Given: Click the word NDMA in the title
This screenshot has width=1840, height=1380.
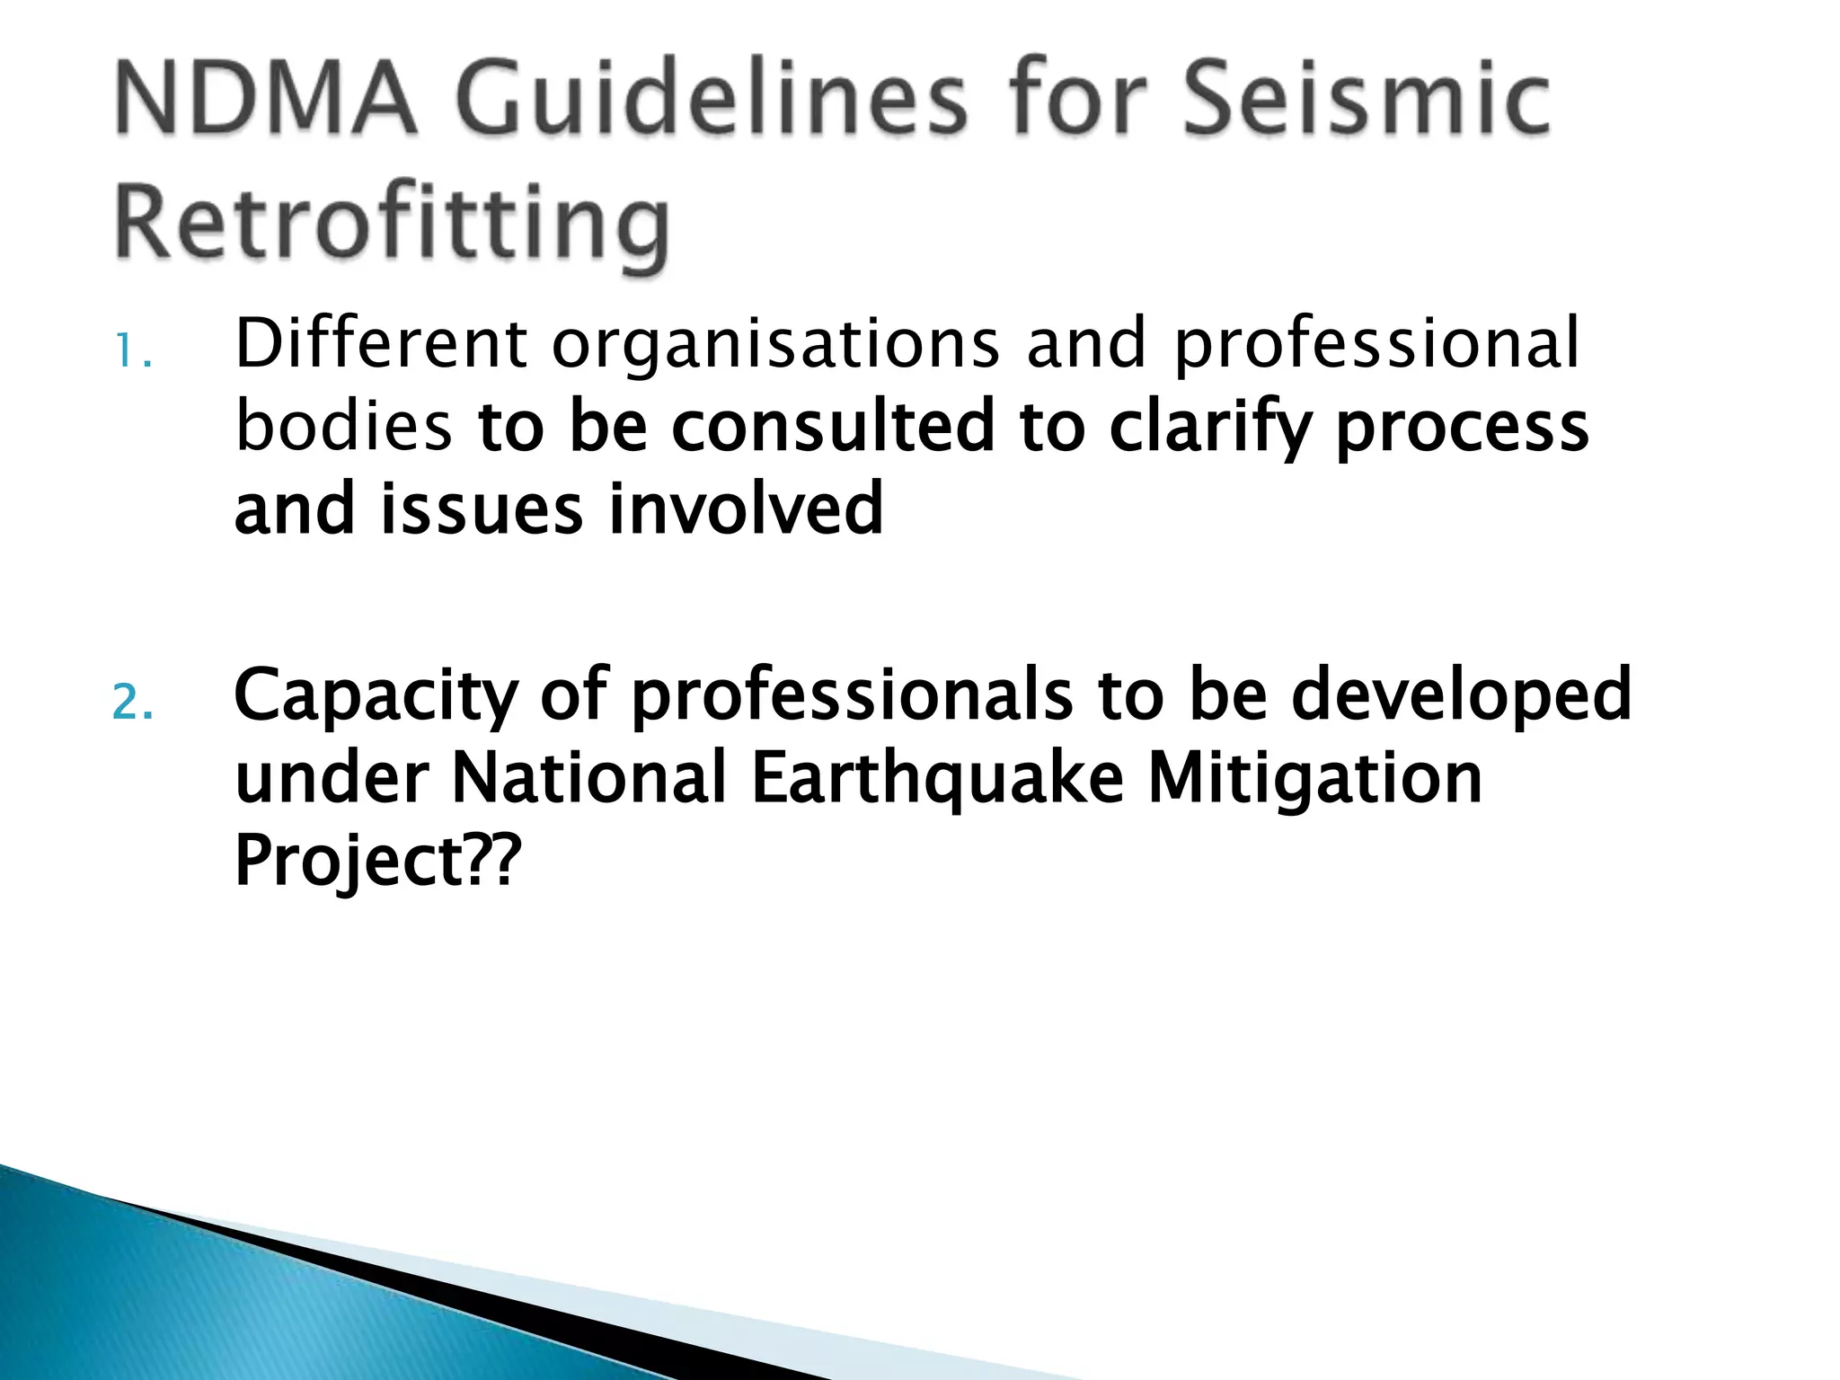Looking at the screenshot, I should pos(266,98).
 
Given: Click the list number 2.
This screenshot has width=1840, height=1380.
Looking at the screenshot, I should pos(132,703).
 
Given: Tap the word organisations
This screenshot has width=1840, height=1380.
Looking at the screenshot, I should pos(775,345).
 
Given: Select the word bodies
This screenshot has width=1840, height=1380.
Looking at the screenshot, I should pos(343,426).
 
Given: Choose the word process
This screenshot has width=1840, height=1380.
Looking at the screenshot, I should pos(1463,428).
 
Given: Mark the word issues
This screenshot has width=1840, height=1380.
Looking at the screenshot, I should pos(482,509).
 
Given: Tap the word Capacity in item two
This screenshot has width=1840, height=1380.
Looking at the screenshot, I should pos(376,696).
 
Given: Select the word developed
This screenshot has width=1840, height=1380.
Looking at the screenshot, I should pos(1461,696).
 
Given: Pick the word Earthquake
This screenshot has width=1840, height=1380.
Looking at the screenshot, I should pos(937,778).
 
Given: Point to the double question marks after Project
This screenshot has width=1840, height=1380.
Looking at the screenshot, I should pos(493,859).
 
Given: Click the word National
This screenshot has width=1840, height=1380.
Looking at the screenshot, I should pos(588,778).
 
